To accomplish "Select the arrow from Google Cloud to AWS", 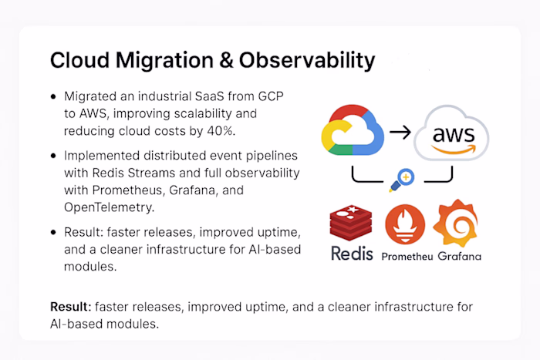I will click(x=400, y=132).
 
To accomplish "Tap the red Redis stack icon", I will click(x=352, y=222).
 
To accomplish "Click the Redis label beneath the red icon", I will click(x=352, y=254).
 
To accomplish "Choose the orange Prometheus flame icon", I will click(x=406, y=225).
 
